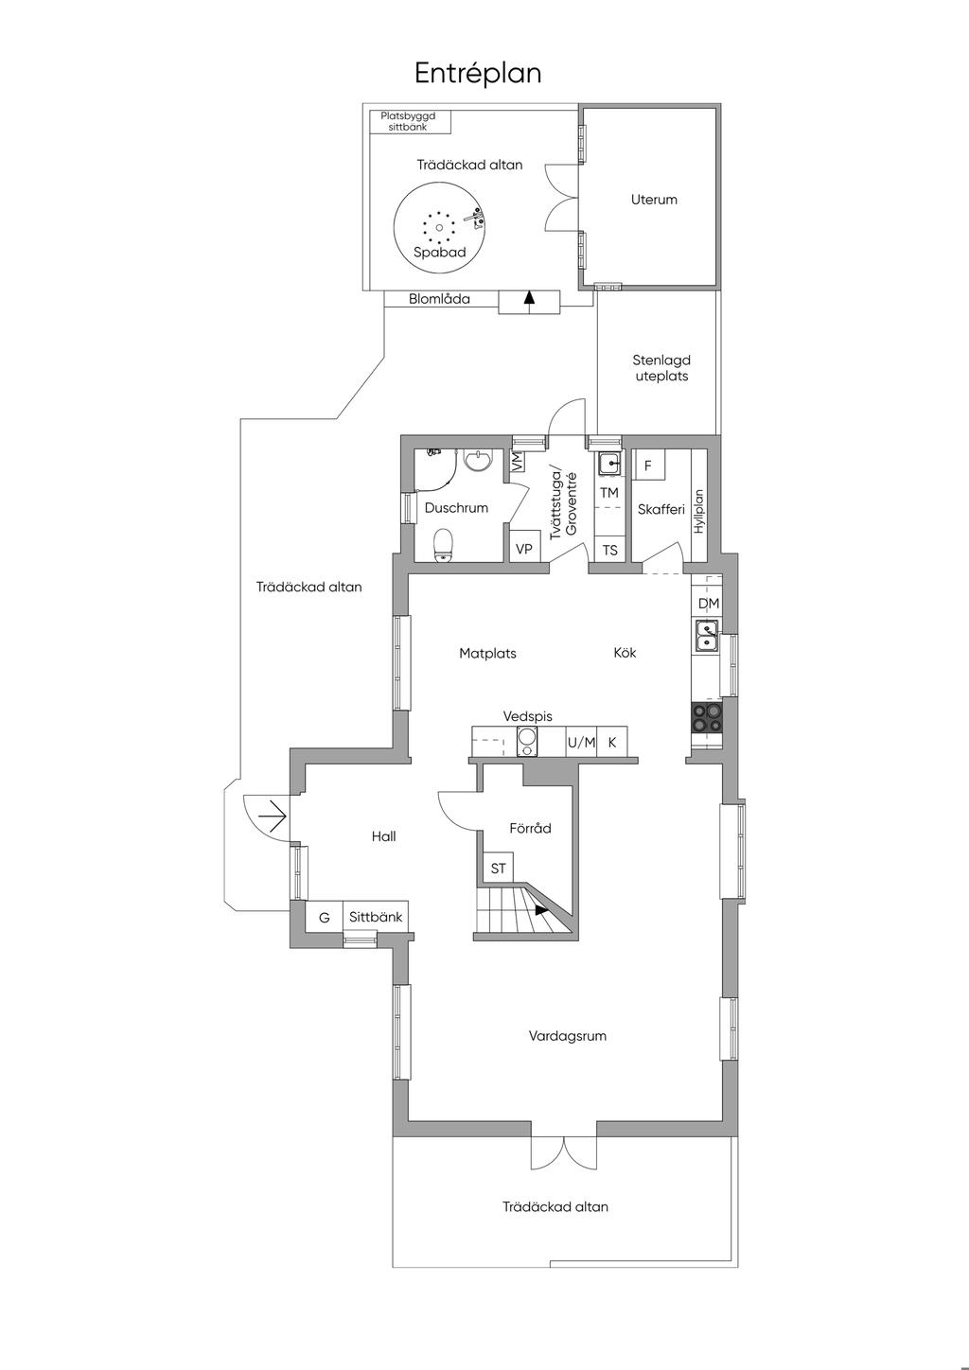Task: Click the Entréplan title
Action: (478, 74)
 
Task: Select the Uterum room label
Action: (654, 200)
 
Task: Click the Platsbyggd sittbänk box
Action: (411, 122)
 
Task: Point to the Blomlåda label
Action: (439, 299)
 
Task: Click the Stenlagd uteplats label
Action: (661, 368)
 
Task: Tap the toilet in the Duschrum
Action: (443, 544)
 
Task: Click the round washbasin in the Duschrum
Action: (477, 460)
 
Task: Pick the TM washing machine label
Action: (609, 492)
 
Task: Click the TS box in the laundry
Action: (610, 551)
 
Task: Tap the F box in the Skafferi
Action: (648, 465)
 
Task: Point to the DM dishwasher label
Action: (709, 603)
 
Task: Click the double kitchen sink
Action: (707, 636)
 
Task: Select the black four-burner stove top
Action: (707, 718)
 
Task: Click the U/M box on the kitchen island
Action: (581, 743)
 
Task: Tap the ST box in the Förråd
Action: (499, 868)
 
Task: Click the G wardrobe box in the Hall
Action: (325, 918)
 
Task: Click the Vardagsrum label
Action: (567, 1035)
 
